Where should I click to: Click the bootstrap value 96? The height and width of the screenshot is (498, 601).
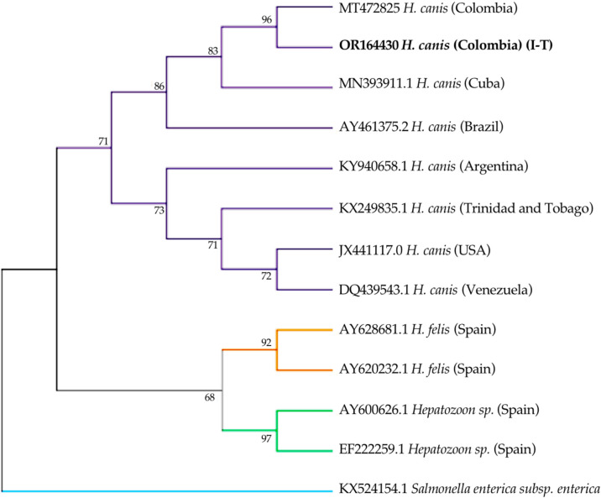[x=267, y=19]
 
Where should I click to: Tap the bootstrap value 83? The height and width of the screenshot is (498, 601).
[x=212, y=50]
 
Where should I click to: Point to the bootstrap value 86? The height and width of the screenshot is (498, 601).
[x=159, y=86]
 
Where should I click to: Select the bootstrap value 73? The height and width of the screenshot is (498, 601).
[x=159, y=210]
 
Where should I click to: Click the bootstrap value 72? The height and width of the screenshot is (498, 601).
[x=266, y=276]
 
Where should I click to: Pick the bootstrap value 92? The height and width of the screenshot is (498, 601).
[x=266, y=343]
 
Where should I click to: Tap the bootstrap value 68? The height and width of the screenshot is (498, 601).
[x=210, y=397]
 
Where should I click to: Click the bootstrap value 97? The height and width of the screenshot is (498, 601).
[x=266, y=438]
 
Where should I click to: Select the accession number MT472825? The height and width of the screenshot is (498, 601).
[x=369, y=8]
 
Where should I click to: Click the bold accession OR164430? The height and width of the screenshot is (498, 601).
[x=368, y=45]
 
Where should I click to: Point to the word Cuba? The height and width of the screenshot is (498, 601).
[x=484, y=83]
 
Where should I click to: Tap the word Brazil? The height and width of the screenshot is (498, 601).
[x=482, y=127]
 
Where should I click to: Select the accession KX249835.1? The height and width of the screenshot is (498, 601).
[x=373, y=208]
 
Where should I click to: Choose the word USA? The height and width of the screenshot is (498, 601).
[x=473, y=250]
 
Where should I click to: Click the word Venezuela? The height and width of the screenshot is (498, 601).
[x=497, y=290]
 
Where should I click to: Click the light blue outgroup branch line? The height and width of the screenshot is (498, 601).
[x=167, y=491]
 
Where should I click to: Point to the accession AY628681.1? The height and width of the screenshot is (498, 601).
[x=374, y=329]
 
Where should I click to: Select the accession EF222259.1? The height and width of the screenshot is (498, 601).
[x=372, y=449]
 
